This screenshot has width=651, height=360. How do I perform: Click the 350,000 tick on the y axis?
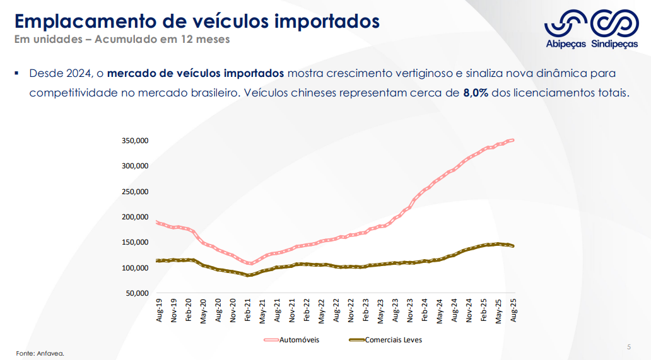135,141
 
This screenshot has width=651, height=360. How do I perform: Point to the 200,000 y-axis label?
135,217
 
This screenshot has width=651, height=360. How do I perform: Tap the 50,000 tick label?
137,293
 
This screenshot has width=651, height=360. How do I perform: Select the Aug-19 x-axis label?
159,311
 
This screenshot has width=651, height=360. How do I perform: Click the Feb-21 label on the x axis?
248,311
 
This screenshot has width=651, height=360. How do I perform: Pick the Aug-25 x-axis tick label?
514,311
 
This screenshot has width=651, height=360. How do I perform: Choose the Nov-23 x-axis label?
411,311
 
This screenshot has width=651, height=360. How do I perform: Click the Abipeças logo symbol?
566,23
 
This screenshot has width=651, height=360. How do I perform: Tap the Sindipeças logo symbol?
614,23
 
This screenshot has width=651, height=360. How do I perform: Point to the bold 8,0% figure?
476,93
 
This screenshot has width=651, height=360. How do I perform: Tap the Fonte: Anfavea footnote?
40,353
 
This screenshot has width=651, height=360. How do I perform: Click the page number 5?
628,347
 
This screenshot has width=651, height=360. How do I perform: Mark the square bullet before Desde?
17,73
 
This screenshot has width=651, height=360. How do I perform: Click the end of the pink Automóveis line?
512,140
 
